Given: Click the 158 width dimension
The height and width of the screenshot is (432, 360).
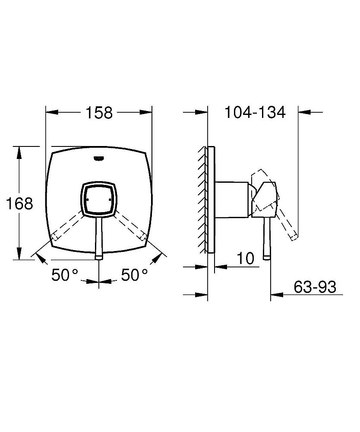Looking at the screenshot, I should [99, 113].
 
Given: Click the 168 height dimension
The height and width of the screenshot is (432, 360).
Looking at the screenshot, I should [19, 203].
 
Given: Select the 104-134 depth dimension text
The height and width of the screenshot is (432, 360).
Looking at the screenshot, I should [255, 113].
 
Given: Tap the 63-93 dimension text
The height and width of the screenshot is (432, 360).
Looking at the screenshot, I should [315, 287].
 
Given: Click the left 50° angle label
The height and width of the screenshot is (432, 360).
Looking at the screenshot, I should [65, 275].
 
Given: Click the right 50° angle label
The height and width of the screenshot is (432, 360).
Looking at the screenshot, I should [134, 275].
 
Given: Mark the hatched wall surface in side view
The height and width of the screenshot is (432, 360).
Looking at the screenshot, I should [202, 199].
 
